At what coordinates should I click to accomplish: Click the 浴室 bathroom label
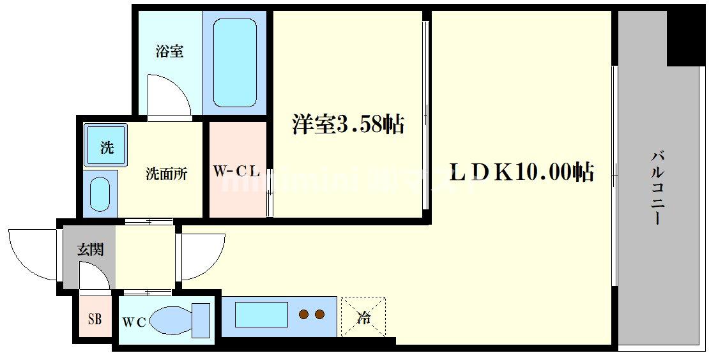point(169,52)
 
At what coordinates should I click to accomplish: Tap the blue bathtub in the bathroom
point(234,62)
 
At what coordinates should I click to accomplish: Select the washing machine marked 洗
point(107,147)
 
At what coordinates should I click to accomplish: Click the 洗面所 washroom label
point(166,173)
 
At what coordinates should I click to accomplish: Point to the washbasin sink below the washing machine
point(100,193)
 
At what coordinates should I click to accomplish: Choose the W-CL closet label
point(236,171)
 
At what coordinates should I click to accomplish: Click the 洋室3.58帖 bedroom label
point(348,124)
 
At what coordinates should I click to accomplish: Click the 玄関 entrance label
point(90,250)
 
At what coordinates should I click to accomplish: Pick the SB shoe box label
point(95,319)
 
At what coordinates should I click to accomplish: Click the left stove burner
point(305,314)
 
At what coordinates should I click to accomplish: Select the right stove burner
point(319,314)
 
